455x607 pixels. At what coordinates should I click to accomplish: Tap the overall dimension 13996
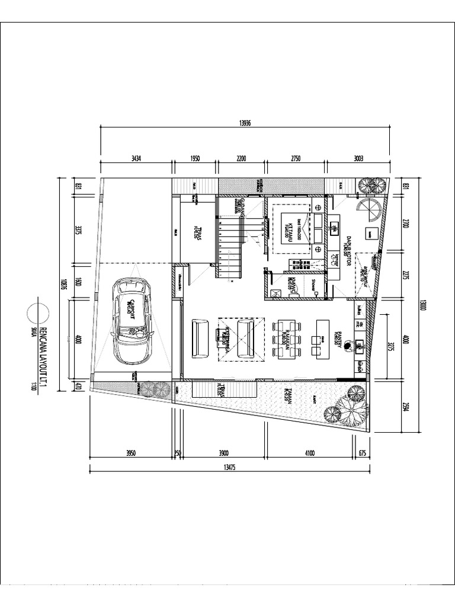click(245, 122)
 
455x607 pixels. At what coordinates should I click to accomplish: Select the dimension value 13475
click(230, 467)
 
